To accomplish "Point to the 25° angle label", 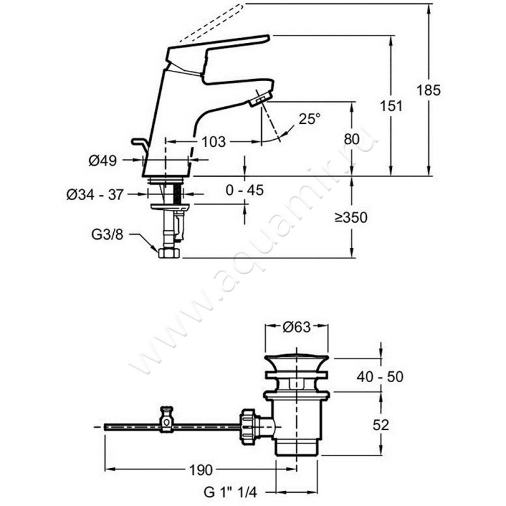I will [309, 118].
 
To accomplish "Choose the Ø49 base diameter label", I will [102, 161].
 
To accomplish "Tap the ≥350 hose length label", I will [351, 218].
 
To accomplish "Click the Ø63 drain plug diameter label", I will [297, 327].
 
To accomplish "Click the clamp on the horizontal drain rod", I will [167, 419].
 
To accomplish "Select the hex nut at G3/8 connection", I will [170, 252].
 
